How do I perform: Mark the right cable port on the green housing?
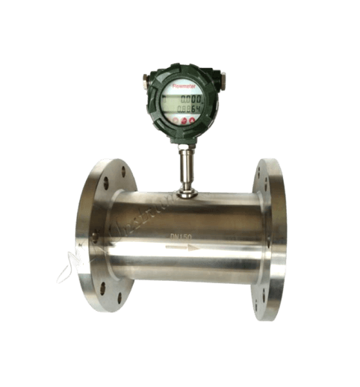pyautogui.click(x=221, y=75)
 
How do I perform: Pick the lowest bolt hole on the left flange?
pyautogui.click(x=120, y=298)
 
